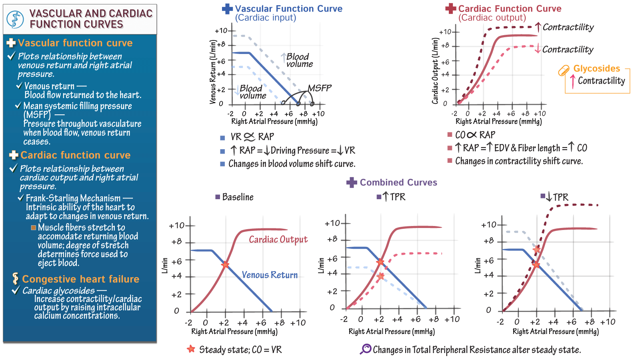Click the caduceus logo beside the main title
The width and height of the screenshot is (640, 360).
(x=15, y=19)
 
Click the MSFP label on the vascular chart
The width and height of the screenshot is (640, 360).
(x=319, y=88)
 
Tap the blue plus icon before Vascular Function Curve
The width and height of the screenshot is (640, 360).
(x=227, y=9)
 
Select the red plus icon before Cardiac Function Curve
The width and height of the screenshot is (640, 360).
(x=451, y=9)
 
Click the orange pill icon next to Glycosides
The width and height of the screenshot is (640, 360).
(x=564, y=71)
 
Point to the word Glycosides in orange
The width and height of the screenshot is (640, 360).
(x=596, y=68)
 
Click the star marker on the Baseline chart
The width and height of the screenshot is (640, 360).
(x=225, y=265)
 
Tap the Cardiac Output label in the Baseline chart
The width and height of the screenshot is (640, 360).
(x=278, y=240)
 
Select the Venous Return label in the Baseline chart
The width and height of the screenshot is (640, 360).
(x=270, y=275)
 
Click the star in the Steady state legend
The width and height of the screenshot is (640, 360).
(x=191, y=349)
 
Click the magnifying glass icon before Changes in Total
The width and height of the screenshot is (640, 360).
(x=366, y=349)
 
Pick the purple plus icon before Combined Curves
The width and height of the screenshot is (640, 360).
(x=352, y=182)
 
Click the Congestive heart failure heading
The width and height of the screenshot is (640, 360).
(x=80, y=279)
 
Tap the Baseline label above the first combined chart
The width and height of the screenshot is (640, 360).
(x=238, y=197)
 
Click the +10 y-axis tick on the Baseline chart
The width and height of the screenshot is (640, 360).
(x=177, y=226)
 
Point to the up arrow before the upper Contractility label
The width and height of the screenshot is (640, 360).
(x=538, y=27)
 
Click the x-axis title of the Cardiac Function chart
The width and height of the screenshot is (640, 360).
(x=498, y=122)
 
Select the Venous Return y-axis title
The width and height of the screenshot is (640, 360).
(x=213, y=72)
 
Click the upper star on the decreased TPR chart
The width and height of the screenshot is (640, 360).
(x=536, y=250)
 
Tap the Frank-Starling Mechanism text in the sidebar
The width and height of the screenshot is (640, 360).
(x=73, y=198)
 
